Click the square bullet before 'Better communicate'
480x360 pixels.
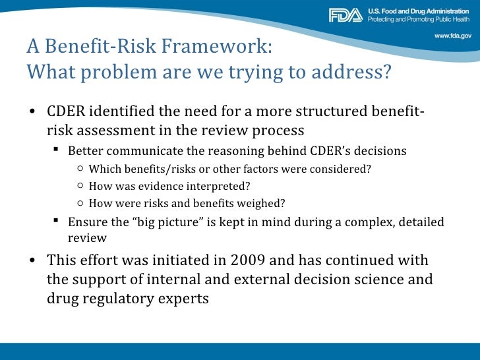coord(57,151)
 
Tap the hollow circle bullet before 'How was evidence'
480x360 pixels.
coord(79,186)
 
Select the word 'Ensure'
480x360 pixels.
coord(86,222)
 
